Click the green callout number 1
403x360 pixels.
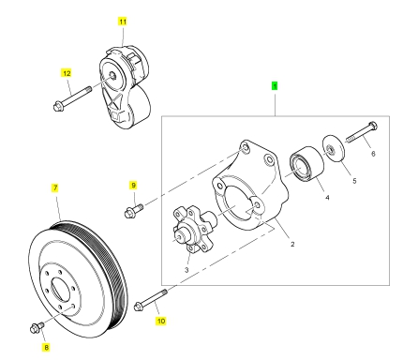[x=275, y=85]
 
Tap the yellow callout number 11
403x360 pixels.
[x=123, y=22]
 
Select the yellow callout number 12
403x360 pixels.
[x=67, y=73]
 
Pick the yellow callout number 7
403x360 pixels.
[x=55, y=187]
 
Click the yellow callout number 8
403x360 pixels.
[x=46, y=347]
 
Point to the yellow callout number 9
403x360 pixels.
[x=133, y=186]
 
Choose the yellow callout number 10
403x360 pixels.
[x=161, y=321]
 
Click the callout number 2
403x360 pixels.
[x=292, y=244]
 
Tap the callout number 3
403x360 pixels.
[x=187, y=270]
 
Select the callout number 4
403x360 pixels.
[x=327, y=198]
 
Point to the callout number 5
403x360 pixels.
[x=354, y=181]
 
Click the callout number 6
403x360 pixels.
[x=373, y=154]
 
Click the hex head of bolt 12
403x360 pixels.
[x=57, y=106]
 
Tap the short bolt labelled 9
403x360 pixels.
[x=133, y=210]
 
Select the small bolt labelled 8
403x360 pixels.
[x=37, y=327]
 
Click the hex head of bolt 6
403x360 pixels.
[x=373, y=126]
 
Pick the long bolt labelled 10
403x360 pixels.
[x=151, y=299]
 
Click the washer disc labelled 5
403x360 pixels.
[x=334, y=149]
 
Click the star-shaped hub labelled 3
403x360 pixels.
[x=194, y=229]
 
